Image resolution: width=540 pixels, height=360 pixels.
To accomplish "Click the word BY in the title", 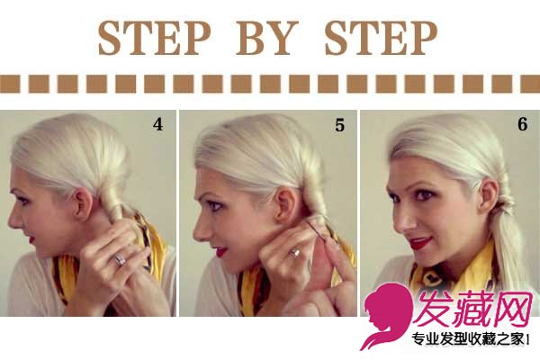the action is pyautogui.click(x=266, y=38).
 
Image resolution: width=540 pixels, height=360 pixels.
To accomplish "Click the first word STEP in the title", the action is pyautogui.click(x=154, y=38).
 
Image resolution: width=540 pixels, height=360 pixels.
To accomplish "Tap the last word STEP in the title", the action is pyautogui.click(x=381, y=38).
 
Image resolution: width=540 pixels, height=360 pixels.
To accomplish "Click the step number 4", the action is pyautogui.click(x=157, y=124).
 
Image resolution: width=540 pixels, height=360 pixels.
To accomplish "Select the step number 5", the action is pyautogui.click(x=339, y=125).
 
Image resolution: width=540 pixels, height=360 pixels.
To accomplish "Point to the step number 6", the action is pyautogui.click(x=522, y=124).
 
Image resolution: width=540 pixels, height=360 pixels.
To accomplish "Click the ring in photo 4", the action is pyautogui.click(x=120, y=259).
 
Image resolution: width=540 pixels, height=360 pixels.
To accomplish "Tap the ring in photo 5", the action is pyautogui.click(x=294, y=253).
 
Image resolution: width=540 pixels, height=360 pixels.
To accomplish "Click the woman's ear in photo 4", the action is pyautogui.click(x=84, y=204).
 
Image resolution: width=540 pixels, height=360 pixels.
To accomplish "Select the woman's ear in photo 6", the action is pyautogui.click(x=488, y=196).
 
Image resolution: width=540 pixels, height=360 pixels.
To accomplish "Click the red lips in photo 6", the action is pyautogui.click(x=421, y=242).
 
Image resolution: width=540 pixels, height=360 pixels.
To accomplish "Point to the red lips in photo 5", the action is pyautogui.click(x=220, y=251).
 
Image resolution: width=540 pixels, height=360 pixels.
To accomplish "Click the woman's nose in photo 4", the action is pyautogui.click(x=13, y=220).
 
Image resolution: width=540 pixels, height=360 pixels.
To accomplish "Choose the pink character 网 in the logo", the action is pyautogui.click(x=510, y=309).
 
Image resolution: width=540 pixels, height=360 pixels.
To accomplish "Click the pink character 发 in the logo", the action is pyautogui.click(x=433, y=309).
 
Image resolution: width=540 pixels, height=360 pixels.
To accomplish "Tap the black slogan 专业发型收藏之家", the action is pyautogui.click(x=468, y=339).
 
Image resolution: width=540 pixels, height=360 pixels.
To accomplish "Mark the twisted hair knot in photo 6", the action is pyautogui.click(x=505, y=207).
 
